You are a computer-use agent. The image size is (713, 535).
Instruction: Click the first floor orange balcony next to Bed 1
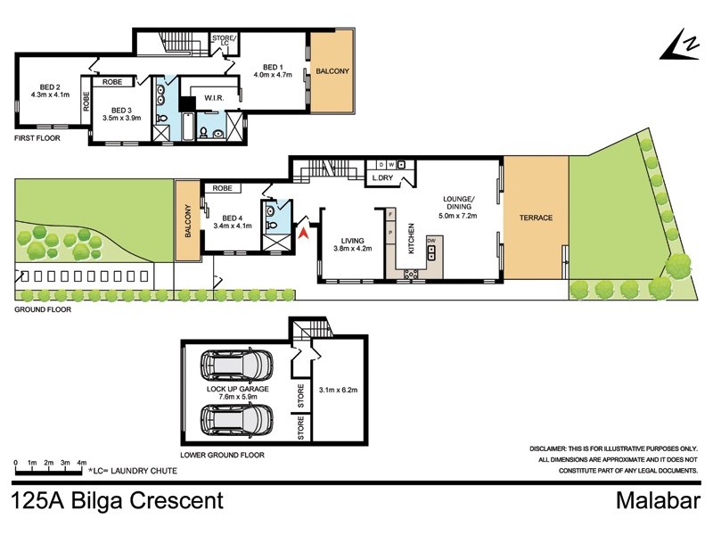(332, 70)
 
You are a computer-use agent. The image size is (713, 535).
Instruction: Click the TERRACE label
(537, 218)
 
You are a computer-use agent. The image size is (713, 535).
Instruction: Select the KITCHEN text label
(411, 239)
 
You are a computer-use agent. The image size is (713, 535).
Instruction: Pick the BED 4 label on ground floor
(232, 222)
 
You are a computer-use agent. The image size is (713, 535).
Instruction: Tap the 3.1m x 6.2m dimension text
(338, 390)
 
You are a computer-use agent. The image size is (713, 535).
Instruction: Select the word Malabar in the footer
(659, 501)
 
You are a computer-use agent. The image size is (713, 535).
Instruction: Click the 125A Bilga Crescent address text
(117, 501)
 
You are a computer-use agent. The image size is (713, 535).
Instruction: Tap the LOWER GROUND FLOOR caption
(222, 454)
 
